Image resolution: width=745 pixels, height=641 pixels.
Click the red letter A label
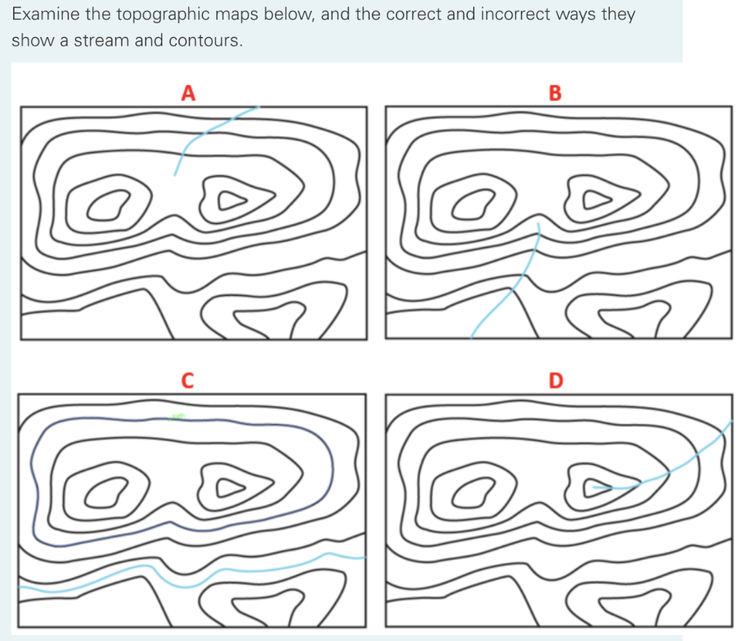tap(188, 93)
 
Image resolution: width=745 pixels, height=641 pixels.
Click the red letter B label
tap(555, 93)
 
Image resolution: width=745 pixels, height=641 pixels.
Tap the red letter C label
tap(188, 381)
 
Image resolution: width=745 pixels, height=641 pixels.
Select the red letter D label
tap(556, 381)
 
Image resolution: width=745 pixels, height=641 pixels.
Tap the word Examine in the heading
tap(46, 14)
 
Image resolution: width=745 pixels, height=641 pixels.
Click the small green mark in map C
tap(178, 417)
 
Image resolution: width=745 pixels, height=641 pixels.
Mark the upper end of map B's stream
tap(538, 223)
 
